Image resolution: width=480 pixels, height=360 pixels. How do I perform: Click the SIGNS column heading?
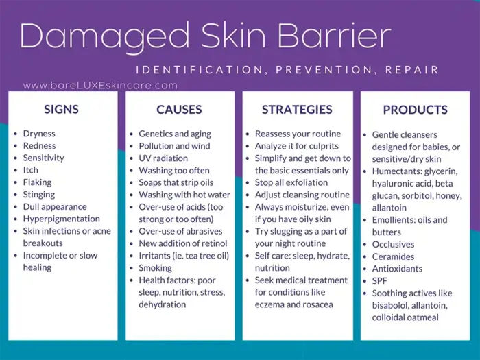[61, 109]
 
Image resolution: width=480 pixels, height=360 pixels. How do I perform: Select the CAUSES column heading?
[179, 109]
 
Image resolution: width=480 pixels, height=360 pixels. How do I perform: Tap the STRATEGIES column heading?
[296, 109]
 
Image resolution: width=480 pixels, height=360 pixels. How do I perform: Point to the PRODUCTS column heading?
[415, 110]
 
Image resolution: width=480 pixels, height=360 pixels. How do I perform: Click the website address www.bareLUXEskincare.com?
[100, 86]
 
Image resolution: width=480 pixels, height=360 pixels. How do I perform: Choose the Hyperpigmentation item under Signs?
[61, 219]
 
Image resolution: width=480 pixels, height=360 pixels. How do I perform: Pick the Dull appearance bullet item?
[55, 206]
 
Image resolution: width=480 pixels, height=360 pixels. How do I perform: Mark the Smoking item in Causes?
[155, 268]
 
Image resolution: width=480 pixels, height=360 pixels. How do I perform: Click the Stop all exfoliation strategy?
[291, 182]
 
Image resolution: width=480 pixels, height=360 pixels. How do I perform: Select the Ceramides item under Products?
[394, 256]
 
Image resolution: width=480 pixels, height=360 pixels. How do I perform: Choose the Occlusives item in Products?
[393, 244]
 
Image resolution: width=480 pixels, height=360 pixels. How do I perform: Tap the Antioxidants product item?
[397, 269]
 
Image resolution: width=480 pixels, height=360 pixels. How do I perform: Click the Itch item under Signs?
[31, 170]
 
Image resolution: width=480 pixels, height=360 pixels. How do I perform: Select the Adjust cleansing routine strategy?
[302, 195]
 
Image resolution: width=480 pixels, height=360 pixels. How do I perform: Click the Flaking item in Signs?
[37, 182]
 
